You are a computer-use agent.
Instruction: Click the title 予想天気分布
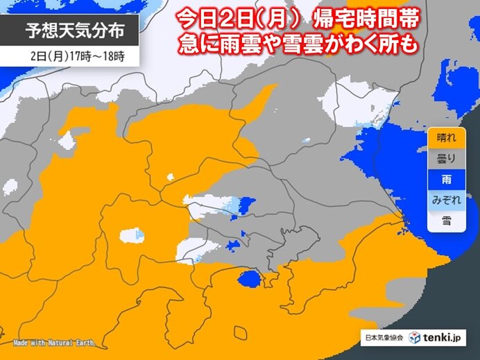71,31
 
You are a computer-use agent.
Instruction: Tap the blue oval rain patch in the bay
249,279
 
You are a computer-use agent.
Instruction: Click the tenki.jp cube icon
415,337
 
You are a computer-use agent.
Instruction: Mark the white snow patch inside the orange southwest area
131,235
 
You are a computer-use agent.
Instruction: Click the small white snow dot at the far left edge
10,186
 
